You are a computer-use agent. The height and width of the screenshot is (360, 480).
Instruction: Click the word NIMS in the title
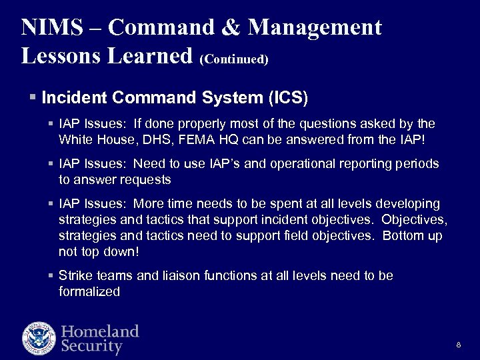point(53,27)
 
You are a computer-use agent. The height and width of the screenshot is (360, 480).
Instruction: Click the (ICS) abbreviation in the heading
point(287,98)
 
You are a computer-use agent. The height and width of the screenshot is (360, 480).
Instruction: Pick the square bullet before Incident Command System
point(33,97)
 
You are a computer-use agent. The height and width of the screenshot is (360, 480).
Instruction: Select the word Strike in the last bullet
point(75,275)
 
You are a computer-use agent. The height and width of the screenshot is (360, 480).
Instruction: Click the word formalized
point(89,291)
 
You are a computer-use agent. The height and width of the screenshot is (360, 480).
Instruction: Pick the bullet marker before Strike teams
point(51,275)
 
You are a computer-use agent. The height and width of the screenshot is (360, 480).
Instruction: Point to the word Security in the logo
point(92,347)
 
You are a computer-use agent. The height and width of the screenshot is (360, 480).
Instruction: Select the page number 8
point(459,345)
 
